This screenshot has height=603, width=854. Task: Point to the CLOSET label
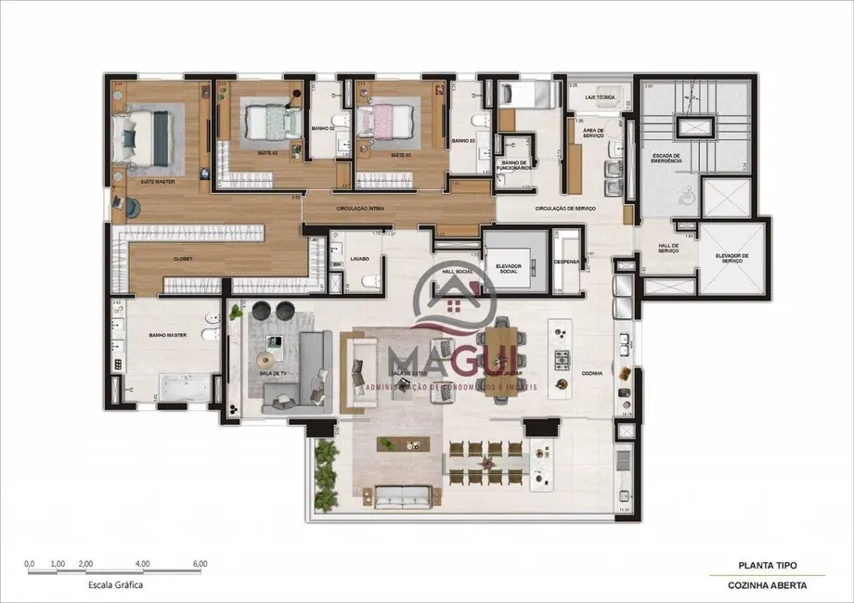coord(182,259)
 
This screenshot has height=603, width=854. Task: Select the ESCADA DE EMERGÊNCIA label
coord(666,159)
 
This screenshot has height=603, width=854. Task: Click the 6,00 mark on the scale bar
coord(200,563)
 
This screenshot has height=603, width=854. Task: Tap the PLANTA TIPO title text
coord(766,564)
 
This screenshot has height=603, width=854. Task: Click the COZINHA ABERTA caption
coord(766,585)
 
